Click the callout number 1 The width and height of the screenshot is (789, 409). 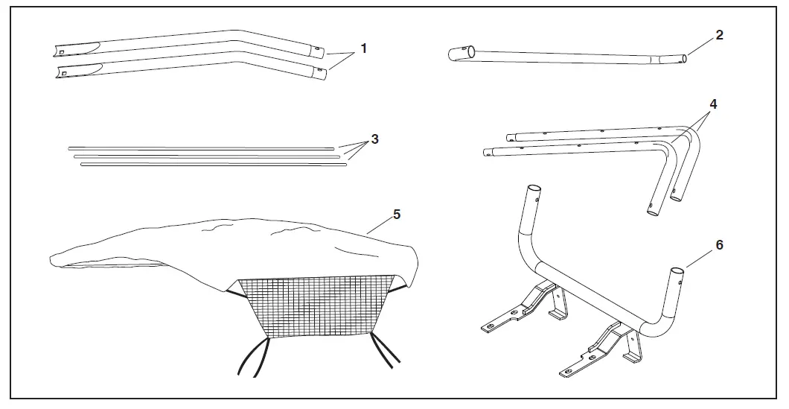[363, 48]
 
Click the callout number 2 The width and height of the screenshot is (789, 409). [719, 35]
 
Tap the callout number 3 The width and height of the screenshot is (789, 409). [375, 139]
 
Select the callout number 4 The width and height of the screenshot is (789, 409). [713, 104]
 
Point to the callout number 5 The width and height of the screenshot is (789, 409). [397, 214]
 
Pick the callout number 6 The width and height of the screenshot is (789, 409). [719, 244]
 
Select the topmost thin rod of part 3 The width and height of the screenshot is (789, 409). [201, 148]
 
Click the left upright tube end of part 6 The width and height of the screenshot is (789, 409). [532, 200]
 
